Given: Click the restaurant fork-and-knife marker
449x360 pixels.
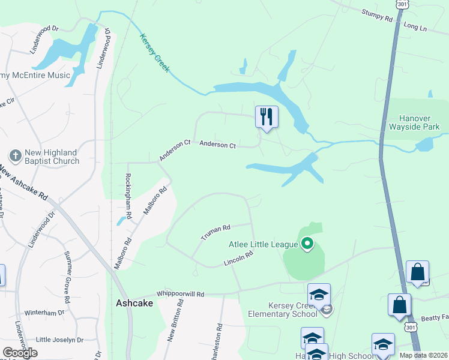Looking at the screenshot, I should [x=267, y=116].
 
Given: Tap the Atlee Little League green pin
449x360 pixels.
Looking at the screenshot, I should [x=307, y=244].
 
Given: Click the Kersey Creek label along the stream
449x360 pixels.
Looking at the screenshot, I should [x=155, y=53].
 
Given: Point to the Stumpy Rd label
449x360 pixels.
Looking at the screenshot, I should [x=376, y=15].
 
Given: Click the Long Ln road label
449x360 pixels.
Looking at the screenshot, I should [x=415, y=27].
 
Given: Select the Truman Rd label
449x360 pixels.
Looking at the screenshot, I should [x=216, y=232].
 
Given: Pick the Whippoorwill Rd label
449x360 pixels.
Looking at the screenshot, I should [x=180, y=294].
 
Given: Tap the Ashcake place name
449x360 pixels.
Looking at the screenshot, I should [x=134, y=304].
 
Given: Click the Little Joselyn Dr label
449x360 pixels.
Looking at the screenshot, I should [x=59, y=340].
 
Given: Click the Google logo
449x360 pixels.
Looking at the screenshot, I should [x=20, y=353].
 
